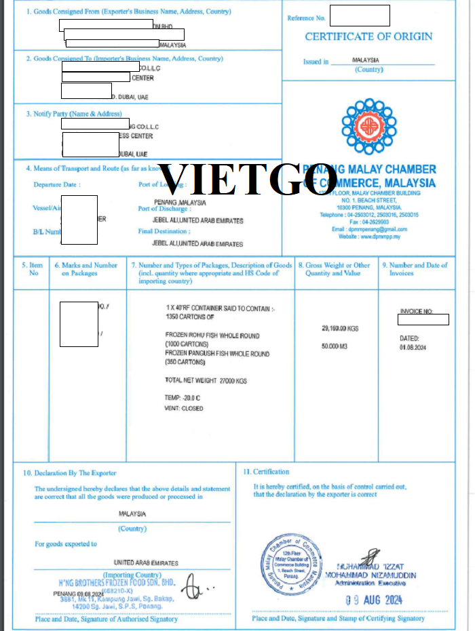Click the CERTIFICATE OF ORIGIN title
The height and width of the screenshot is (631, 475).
click(368, 37)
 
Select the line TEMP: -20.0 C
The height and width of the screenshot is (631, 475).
click(184, 398)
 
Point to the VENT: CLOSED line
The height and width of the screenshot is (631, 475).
click(184, 408)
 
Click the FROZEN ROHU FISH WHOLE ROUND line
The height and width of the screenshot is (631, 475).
click(212, 335)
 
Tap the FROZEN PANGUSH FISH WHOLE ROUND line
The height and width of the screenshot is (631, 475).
click(217, 354)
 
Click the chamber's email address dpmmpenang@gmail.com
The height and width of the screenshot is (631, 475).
click(375, 229)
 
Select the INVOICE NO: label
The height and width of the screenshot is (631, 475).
click(416, 311)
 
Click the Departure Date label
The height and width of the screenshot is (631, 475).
click(57, 184)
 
